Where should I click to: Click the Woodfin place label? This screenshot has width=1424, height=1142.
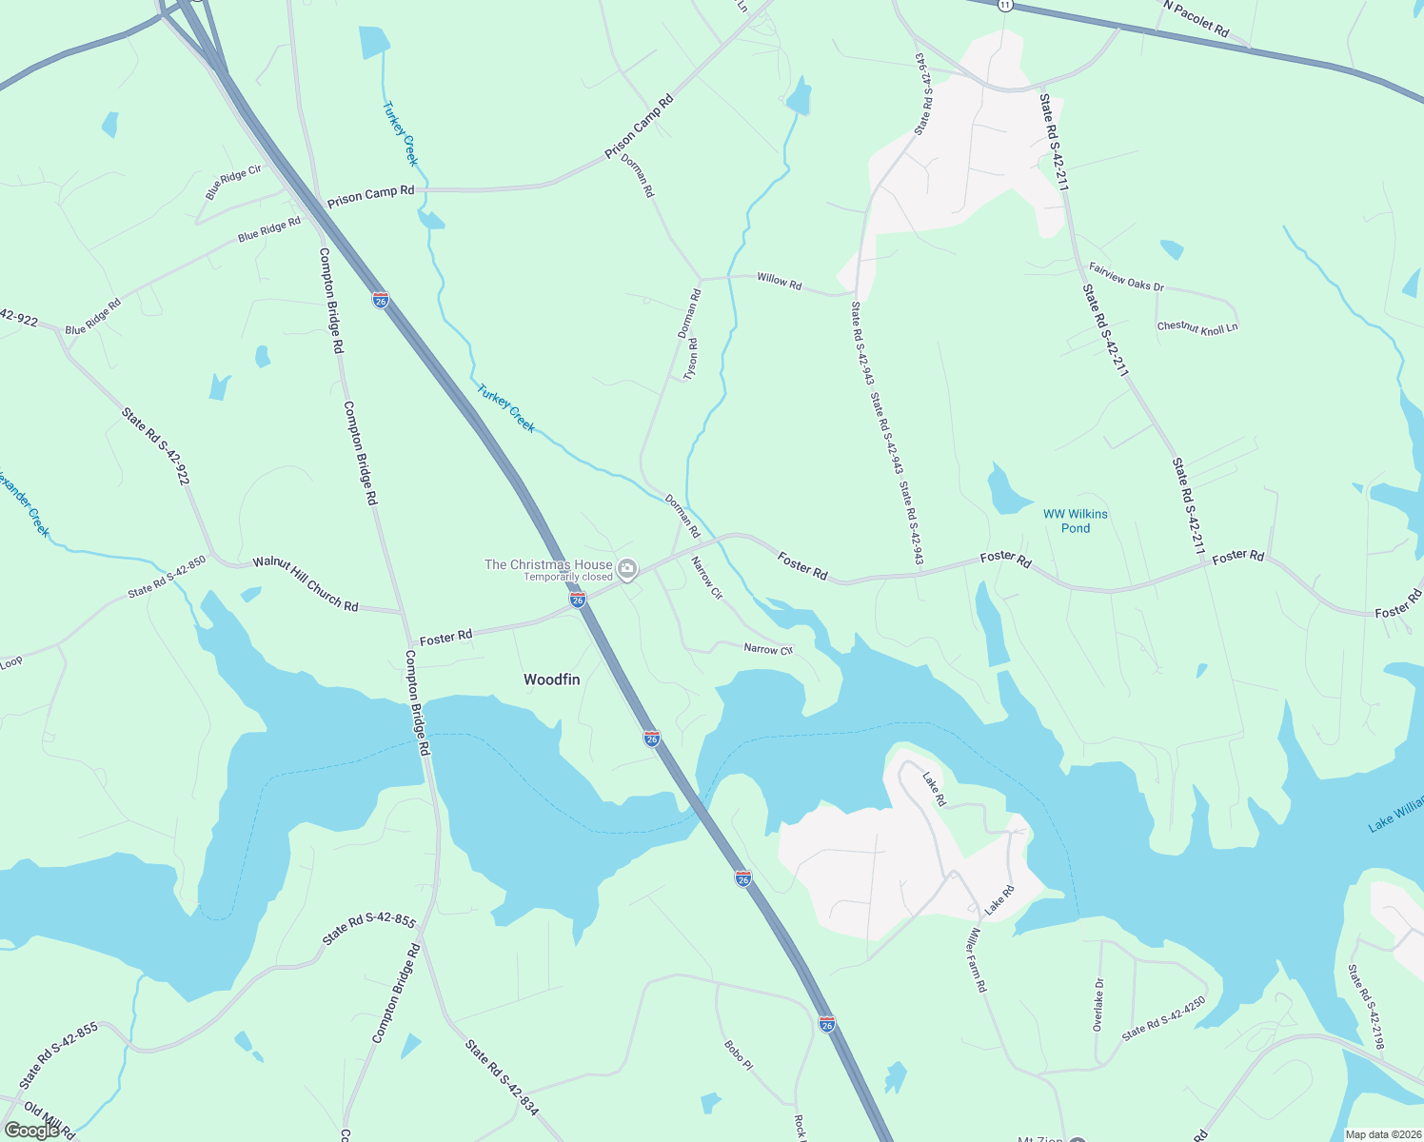click(551, 679)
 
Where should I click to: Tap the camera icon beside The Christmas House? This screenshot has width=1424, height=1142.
click(626, 570)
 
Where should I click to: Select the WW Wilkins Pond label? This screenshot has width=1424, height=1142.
click(1076, 521)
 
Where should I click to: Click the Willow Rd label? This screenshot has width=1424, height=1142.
click(779, 282)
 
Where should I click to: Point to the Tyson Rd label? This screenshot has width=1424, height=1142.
click(692, 360)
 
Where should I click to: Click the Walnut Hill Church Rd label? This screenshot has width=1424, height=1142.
click(306, 583)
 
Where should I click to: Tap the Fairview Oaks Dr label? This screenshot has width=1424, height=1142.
click(1126, 277)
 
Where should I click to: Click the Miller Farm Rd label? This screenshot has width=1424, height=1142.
click(978, 960)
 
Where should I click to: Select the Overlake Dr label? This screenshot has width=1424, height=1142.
click(1098, 1005)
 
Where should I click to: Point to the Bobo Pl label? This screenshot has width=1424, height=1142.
click(738, 1055)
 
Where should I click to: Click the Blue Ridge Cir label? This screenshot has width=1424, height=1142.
click(233, 182)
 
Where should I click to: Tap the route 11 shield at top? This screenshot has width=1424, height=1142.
click(1005, 6)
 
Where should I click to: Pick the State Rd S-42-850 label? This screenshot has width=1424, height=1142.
click(168, 578)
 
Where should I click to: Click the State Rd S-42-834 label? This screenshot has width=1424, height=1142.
click(502, 1077)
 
